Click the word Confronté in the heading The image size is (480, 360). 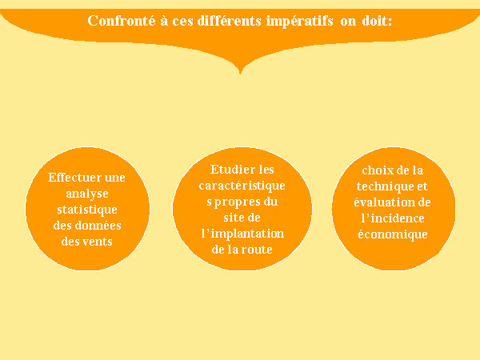122,21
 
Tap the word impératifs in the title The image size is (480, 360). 299,22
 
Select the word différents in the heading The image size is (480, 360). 230,21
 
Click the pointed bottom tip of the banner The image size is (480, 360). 240,74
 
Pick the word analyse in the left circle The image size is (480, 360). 87,194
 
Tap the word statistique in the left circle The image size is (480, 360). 87,210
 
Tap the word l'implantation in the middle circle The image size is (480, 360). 242,234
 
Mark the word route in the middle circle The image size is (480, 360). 256,250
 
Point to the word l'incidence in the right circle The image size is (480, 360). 393,218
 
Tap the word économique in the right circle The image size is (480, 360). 393,234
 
